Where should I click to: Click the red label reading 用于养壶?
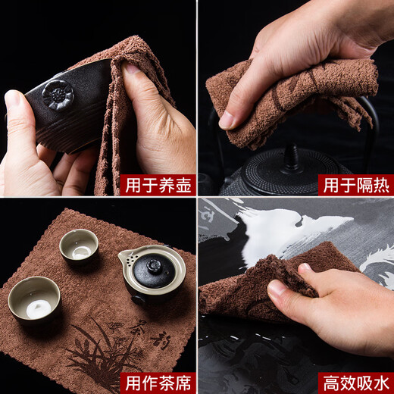(164, 185)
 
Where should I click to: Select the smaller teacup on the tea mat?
(79, 245)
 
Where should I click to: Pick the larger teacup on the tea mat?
(34, 297)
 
